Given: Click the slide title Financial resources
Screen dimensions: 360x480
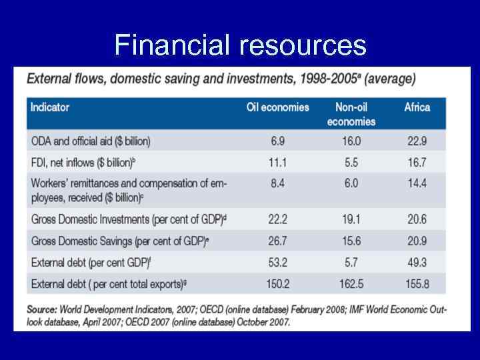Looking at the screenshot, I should tap(240, 45).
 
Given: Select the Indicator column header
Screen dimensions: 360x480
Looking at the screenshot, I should tap(50, 107).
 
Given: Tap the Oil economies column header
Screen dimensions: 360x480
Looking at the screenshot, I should tap(278, 107).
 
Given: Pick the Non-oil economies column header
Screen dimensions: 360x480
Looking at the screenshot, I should tap(351, 114).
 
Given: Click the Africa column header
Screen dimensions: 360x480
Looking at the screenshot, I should tap(417, 107).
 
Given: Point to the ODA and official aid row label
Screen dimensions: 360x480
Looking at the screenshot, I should tap(91, 141).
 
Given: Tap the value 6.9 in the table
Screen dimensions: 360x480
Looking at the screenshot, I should tap(278, 141).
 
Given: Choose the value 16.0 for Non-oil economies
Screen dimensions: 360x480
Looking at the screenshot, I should tap(351, 141).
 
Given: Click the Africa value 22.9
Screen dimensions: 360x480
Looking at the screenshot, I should tap(417, 141).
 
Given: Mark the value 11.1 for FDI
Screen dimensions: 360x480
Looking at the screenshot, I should tap(278, 163).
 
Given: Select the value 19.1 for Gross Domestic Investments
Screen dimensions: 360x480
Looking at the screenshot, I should tap(351, 219).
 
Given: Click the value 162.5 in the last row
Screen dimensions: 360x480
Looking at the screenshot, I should tap(351, 284).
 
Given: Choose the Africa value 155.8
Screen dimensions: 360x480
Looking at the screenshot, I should tap(417, 284).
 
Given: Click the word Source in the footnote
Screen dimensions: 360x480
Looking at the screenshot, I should tap(41, 309).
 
